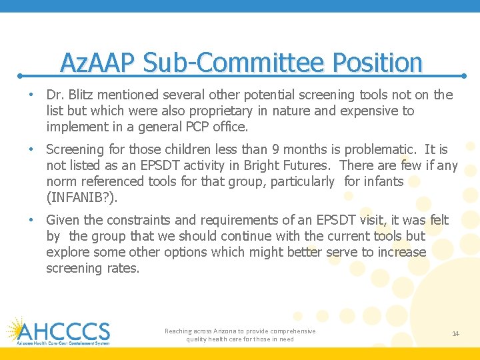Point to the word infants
[x=383, y=181]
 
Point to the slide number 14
[x=456, y=333]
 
